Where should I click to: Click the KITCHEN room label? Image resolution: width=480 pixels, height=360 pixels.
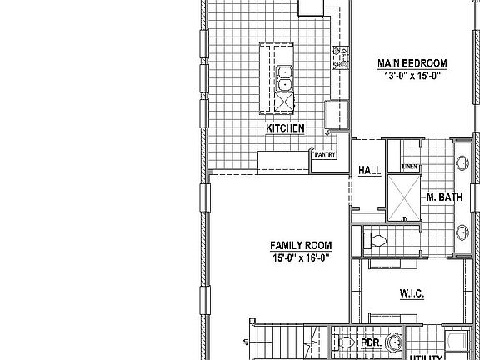pyautogui.click(x=284, y=128)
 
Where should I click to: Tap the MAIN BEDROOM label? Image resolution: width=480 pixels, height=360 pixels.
pyautogui.click(x=412, y=63)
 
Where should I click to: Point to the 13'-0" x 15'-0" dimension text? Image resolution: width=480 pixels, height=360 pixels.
pyautogui.click(x=412, y=76)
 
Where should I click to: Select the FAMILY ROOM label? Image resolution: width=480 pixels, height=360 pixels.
pyautogui.click(x=301, y=246)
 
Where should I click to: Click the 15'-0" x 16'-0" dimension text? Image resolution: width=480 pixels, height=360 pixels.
pyautogui.click(x=301, y=258)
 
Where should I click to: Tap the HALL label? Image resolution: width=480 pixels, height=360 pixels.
pyautogui.click(x=369, y=171)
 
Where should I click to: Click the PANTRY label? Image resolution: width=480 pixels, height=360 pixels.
pyautogui.click(x=324, y=154)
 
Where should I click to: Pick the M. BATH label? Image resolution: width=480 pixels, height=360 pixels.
pyautogui.click(x=444, y=197)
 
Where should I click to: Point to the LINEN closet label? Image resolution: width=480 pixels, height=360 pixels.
pyautogui.click(x=409, y=167)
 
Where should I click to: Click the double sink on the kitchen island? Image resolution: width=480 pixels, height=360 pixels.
pyautogui.click(x=285, y=77)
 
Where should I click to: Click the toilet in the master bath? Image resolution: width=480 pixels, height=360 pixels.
pyautogui.click(x=376, y=241)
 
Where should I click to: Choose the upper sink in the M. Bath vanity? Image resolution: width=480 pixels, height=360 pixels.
pyautogui.click(x=462, y=164)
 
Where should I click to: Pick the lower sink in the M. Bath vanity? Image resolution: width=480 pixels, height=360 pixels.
pyautogui.click(x=462, y=233)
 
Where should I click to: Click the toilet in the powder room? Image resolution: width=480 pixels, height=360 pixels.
pyautogui.click(x=343, y=342)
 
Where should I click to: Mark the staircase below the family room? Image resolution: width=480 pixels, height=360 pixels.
pyautogui.click(x=283, y=342)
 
